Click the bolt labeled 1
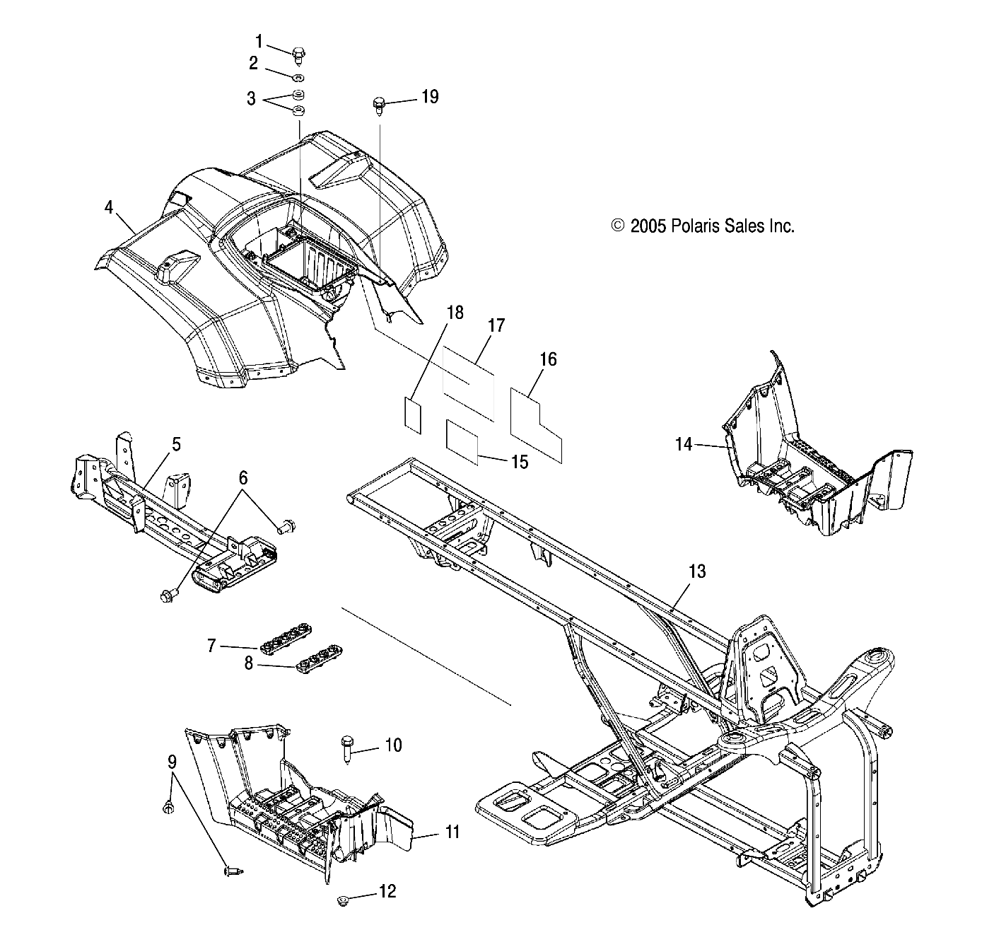(297, 54)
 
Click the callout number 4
(108, 207)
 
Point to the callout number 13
(697, 571)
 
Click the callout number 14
(683, 444)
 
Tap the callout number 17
(496, 325)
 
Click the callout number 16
(549, 359)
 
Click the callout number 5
(176, 444)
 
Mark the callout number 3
(251, 98)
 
